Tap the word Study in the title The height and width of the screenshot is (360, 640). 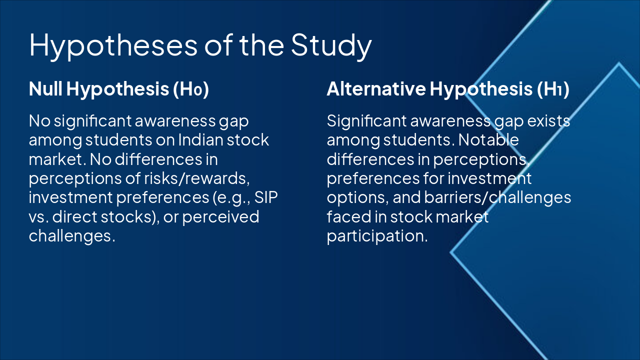tap(331, 45)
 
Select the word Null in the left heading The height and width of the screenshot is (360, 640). tap(45, 89)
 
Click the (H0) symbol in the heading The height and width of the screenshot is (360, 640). tap(190, 89)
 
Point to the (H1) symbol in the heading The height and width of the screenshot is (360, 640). tap(553, 89)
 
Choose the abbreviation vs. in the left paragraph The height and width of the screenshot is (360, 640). tap(39, 216)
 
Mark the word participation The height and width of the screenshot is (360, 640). tap(377, 236)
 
